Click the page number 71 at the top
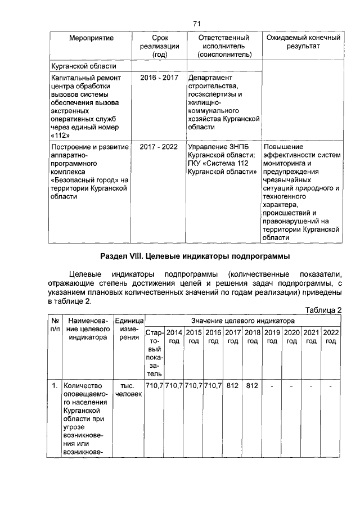[x=196, y=23]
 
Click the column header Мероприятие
[x=91, y=38]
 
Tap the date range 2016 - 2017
[x=159, y=77]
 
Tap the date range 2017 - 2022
[x=159, y=147]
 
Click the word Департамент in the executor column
[x=210, y=77]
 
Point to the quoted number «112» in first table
[x=61, y=136]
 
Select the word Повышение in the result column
[x=283, y=147]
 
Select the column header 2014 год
[x=174, y=337]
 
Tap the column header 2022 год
[x=331, y=337]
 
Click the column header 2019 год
[x=272, y=337]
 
